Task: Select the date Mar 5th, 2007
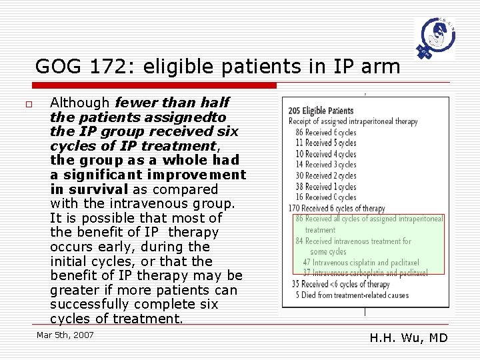[65, 335]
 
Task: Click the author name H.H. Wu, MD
[408, 338]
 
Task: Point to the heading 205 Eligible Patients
[321, 110]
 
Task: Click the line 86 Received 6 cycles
[326, 132]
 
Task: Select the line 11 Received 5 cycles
[326, 143]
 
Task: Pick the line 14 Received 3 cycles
[326, 165]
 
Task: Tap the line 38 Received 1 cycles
[326, 187]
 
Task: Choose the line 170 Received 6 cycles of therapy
[337, 208]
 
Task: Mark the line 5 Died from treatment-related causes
[353, 295]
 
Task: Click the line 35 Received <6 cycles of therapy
[341, 285]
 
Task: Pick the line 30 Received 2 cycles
[326, 175]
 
